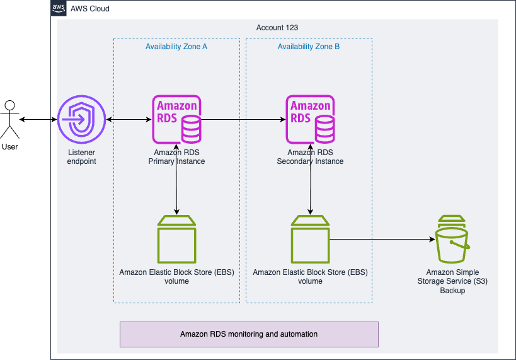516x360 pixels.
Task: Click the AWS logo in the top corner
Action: [x=59, y=9]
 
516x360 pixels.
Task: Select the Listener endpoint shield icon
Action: [x=81, y=119]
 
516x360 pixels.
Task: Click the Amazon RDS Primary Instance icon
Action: [x=176, y=119]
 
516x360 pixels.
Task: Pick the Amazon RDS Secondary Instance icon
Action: [x=310, y=119]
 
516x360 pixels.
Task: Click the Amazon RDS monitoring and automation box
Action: [x=249, y=334]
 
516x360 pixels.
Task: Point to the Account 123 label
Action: [x=277, y=28]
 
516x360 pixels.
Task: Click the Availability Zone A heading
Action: [x=176, y=47]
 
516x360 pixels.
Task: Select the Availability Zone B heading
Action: [x=309, y=47]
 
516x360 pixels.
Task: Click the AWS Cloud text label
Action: [x=90, y=9]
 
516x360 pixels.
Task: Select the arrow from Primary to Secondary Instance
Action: [x=243, y=119]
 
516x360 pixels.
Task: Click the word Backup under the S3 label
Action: [x=452, y=291]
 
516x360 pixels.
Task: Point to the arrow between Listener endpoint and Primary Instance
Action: [x=129, y=119]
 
